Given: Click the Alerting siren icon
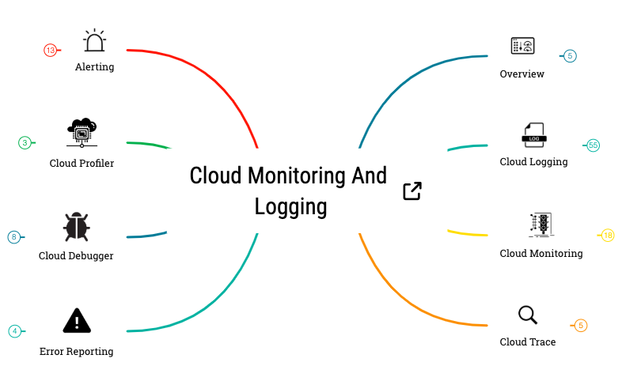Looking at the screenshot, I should [95, 42].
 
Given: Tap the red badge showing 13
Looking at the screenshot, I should [50, 51].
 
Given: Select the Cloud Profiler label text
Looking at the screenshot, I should [82, 164].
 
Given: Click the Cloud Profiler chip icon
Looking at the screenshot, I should [82, 132].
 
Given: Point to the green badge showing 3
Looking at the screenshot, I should [25, 143].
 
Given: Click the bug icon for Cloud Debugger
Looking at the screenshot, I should [76, 227].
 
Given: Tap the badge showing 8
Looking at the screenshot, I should [13, 237].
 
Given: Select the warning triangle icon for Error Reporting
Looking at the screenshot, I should [77, 320].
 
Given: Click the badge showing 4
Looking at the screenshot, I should [14, 331].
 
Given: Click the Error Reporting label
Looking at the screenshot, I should [77, 352].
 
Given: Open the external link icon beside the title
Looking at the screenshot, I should [412, 191].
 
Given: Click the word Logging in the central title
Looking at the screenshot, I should [290, 207].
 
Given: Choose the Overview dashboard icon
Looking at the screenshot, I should [522, 46].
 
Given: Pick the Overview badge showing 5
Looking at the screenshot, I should [570, 56].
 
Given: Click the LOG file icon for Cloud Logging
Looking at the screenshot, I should [533, 135].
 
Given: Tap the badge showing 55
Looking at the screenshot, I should [593, 145].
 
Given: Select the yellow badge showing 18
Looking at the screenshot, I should [607, 236].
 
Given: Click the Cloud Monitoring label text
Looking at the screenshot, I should [541, 254].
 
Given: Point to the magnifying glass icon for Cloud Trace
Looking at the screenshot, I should [528, 315].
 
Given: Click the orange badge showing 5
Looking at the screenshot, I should [581, 326].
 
